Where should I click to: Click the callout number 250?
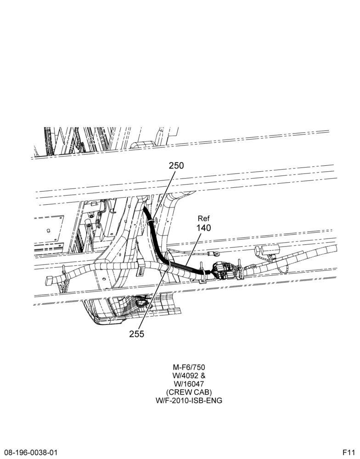click(x=176, y=165)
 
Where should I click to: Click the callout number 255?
click(x=137, y=334)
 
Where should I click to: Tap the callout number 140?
click(x=203, y=228)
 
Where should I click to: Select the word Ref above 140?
click(x=204, y=218)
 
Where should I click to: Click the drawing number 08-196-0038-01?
click(x=29, y=453)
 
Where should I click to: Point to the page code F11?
click(x=349, y=453)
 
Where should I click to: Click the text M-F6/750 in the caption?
click(x=189, y=367)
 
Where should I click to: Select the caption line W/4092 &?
click(x=189, y=375)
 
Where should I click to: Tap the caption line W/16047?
click(x=189, y=383)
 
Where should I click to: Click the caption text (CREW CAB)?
click(x=189, y=392)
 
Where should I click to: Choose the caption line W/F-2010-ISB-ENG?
click(x=189, y=400)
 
